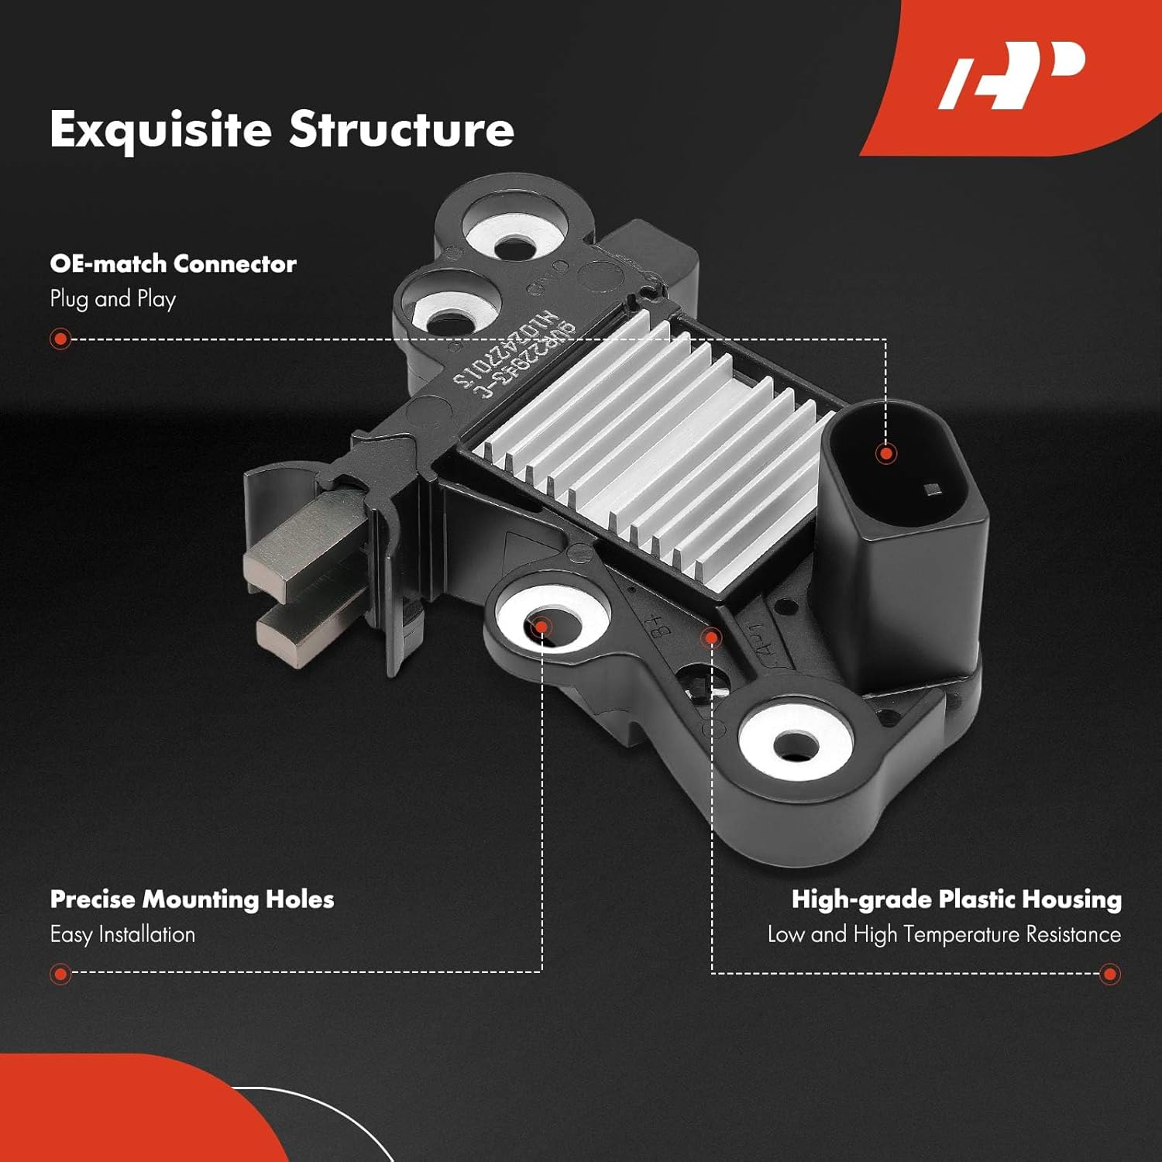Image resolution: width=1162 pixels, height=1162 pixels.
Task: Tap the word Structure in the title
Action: [x=401, y=129]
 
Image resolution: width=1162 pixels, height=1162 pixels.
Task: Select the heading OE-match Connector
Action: [x=173, y=264]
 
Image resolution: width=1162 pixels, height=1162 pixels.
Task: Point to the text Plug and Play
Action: [x=113, y=299]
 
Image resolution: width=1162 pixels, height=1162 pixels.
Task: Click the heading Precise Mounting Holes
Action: [x=192, y=899]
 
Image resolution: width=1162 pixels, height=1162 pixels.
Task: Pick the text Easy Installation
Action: [x=122, y=934]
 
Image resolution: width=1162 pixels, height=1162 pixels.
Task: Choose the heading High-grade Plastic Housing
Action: [x=956, y=899]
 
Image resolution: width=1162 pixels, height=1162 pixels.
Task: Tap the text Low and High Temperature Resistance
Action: [x=944, y=934]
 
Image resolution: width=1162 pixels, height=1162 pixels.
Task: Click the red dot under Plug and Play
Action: [x=60, y=339]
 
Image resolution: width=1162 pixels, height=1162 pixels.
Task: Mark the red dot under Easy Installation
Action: [x=60, y=973]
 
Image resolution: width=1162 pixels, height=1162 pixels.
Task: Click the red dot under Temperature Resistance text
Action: [x=1109, y=973]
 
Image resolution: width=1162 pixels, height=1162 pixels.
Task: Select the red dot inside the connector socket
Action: [x=885, y=453]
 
